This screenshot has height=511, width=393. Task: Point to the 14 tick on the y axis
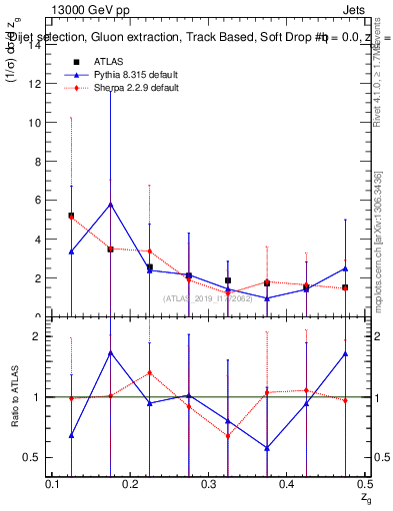pyautogui.click(x=37, y=45)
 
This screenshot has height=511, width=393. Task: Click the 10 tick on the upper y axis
pyautogui.click(x=37, y=123)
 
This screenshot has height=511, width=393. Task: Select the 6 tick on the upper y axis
pyautogui.click(x=39, y=200)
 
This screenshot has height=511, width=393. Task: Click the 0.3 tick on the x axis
pyautogui.click(x=209, y=484)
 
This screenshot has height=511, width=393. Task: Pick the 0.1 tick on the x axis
pyautogui.click(x=53, y=484)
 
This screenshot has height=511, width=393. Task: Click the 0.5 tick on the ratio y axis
pyautogui.click(x=34, y=458)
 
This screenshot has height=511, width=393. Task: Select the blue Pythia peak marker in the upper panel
pyautogui.click(x=110, y=204)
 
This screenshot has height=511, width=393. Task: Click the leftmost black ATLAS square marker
pyautogui.click(x=71, y=216)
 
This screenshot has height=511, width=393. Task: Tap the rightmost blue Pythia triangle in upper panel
pyautogui.click(x=345, y=268)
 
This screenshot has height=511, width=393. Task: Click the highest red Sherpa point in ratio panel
pyautogui.click(x=149, y=373)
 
